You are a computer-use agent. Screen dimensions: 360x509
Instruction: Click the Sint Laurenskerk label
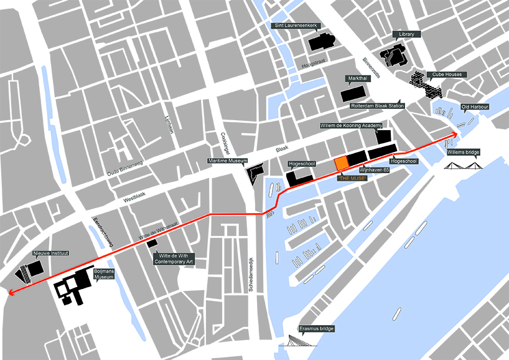pyautogui.click(x=296, y=26)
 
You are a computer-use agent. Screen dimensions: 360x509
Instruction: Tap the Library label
pyautogui.click(x=406, y=34)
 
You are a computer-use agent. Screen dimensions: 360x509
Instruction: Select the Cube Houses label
pyautogui.click(x=447, y=75)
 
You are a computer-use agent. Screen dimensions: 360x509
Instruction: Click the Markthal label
pyautogui.click(x=358, y=78)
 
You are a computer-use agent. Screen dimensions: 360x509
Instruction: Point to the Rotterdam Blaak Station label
pyautogui.click(x=377, y=107)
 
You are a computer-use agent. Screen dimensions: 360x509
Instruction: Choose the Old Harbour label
pyautogui.click(x=475, y=107)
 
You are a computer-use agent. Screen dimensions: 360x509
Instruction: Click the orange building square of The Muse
pyautogui.click(x=341, y=163)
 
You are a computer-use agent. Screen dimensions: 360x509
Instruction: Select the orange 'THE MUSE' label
pyautogui.click(x=353, y=178)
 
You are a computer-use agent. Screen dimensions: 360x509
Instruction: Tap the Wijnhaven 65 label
pyautogui.click(x=375, y=169)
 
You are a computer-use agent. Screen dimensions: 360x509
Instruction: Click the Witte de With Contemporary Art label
pyautogui.click(x=174, y=259)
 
